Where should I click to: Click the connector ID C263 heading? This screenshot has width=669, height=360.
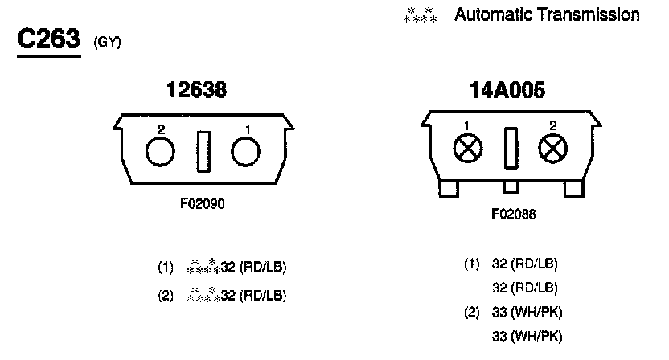point(48,39)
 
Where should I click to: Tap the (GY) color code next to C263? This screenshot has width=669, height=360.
point(108,42)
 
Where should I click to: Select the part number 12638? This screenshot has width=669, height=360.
point(196,90)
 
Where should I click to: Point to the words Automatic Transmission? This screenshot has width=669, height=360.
point(547,15)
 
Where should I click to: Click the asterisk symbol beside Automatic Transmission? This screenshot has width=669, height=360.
point(420,15)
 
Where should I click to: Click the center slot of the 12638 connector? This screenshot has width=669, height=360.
point(203,151)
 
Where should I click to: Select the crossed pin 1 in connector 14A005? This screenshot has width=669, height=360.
point(468,149)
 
